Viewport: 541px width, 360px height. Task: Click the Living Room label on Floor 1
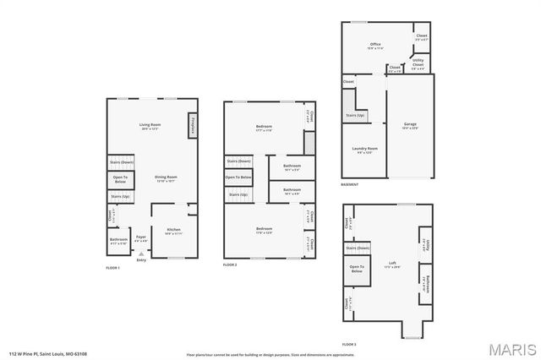coord(150,127)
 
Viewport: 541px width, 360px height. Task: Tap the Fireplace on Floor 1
coord(193,124)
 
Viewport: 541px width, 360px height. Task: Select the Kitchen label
coord(173,232)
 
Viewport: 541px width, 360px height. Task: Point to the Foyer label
coord(141,239)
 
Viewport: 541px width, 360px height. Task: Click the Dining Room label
coord(166,178)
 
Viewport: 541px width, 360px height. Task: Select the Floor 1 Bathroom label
coord(118,240)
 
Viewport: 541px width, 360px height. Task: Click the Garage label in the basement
coord(410,127)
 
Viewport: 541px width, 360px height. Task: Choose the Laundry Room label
coord(365,150)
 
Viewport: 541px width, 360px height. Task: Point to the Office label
coord(375,46)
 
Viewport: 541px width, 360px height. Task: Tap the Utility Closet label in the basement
coord(418,63)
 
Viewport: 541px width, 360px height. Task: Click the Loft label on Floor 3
coord(391,265)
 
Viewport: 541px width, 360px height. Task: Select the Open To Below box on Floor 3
coord(357,270)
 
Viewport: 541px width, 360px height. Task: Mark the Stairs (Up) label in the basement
coord(355,115)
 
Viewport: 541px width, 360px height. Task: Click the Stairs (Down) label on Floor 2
coord(239,161)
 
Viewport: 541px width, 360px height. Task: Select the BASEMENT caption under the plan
coord(350,184)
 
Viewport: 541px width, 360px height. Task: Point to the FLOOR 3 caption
coord(349,345)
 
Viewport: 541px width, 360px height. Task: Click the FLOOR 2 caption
coord(231,265)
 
